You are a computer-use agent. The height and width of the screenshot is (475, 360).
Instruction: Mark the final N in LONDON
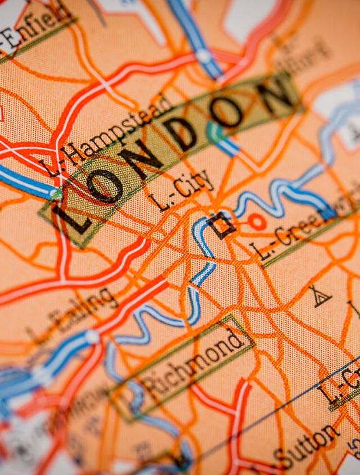pos(276,92)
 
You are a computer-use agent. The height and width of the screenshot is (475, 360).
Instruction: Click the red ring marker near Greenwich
pos(257,221)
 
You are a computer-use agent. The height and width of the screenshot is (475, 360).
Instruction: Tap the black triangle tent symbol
pos(319,297)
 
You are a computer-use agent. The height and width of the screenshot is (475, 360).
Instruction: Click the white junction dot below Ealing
pos(92,337)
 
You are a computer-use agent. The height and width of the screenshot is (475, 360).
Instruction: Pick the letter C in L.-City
pos(180,190)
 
